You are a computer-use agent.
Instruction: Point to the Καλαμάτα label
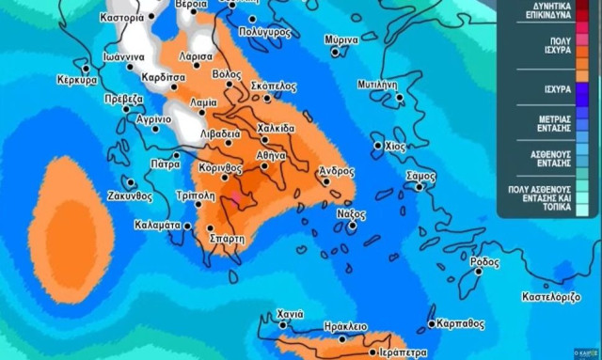(x=157, y=225)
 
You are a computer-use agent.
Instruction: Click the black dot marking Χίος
(x=378, y=146)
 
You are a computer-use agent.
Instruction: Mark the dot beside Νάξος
(x=352, y=226)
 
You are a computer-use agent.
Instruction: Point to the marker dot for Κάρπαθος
(x=432, y=324)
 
